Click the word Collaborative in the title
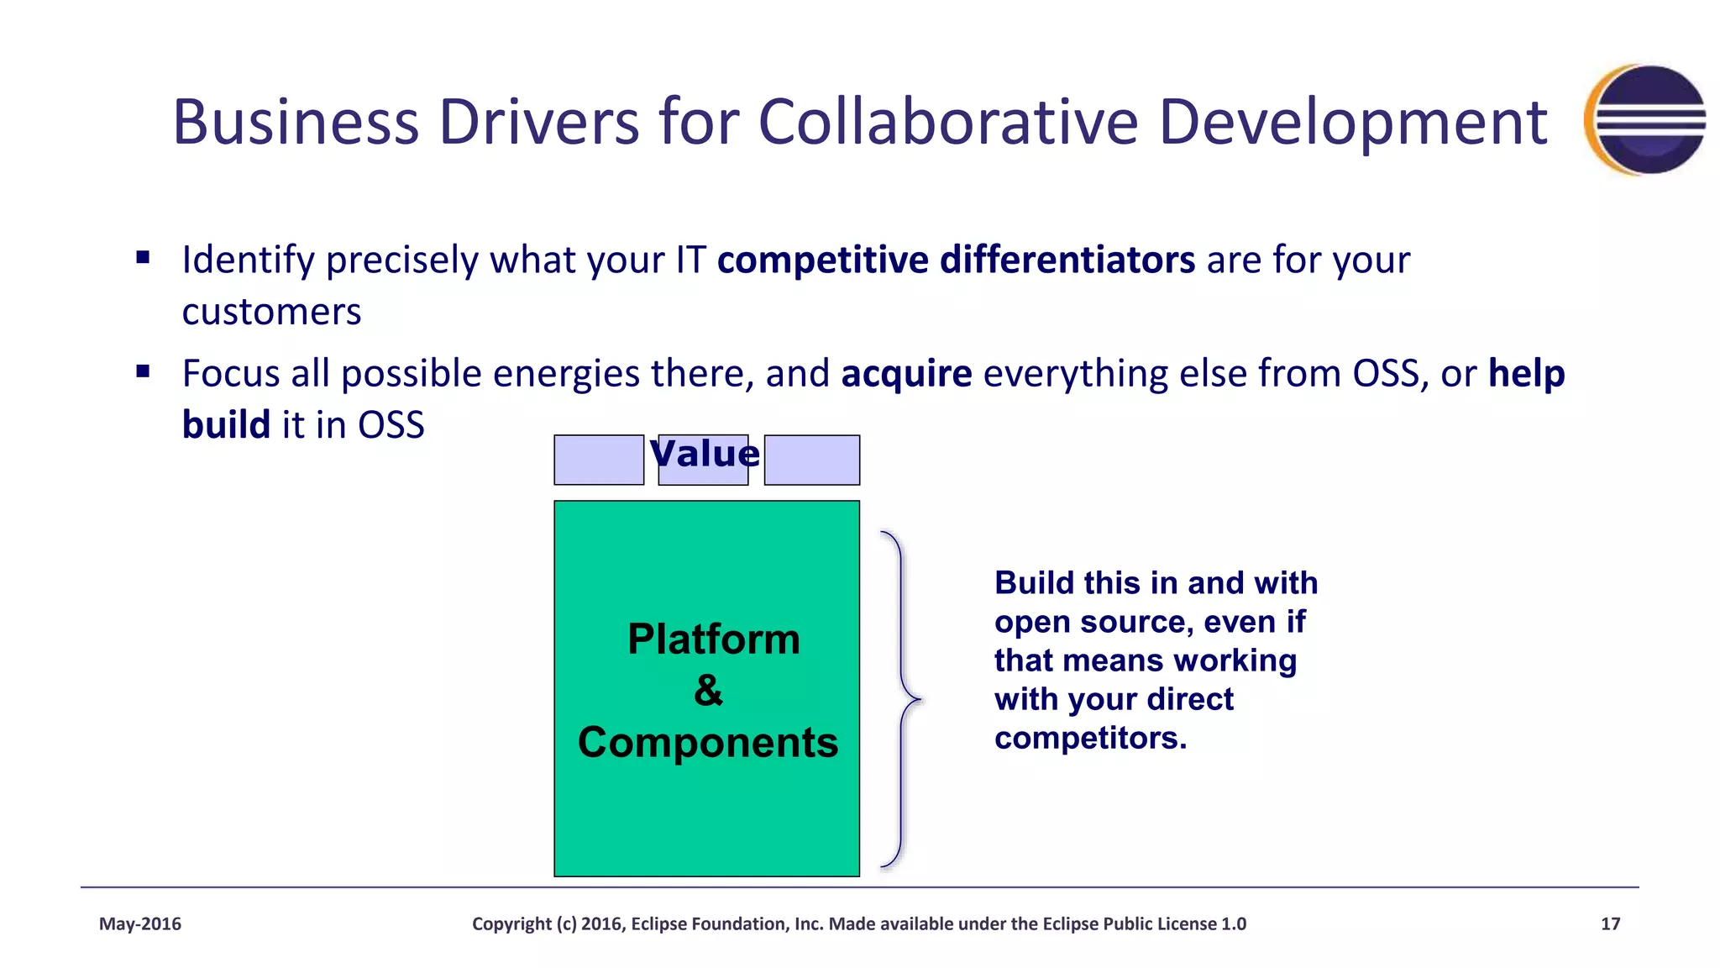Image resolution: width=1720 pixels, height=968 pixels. (949, 122)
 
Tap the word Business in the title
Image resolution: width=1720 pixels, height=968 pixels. (296, 122)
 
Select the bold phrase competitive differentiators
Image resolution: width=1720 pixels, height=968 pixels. (956, 260)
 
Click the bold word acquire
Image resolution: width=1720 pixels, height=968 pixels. (906, 373)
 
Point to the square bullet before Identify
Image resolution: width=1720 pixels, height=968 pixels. (143, 258)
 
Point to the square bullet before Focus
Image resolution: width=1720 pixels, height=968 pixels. (143, 371)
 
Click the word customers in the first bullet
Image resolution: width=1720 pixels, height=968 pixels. (271, 312)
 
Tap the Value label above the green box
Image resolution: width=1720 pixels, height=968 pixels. (705, 454)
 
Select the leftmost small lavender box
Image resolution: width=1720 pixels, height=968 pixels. (599, 460)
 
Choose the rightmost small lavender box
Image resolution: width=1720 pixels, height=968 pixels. (811, 460)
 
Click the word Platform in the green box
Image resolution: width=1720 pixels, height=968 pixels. (714, 639)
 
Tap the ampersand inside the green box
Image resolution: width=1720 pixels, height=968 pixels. (708, 691)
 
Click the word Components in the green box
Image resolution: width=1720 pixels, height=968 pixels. (708, 743)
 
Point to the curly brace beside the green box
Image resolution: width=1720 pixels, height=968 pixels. (902, 699)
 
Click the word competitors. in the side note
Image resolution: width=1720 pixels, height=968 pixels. (1090, 739)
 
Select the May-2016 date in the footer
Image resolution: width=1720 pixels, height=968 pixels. (140, 924)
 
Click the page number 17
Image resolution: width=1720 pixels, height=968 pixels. (1610, 924)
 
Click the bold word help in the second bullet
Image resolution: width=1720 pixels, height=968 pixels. (1526, 373)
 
